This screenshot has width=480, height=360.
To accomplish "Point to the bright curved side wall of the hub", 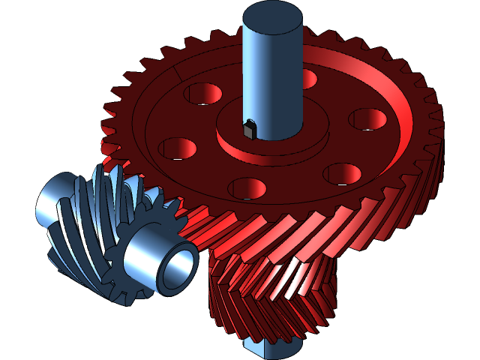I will (255, 150).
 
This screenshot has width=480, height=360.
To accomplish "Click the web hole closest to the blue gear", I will (173, 147).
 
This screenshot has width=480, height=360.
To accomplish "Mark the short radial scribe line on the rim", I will (178, 72).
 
